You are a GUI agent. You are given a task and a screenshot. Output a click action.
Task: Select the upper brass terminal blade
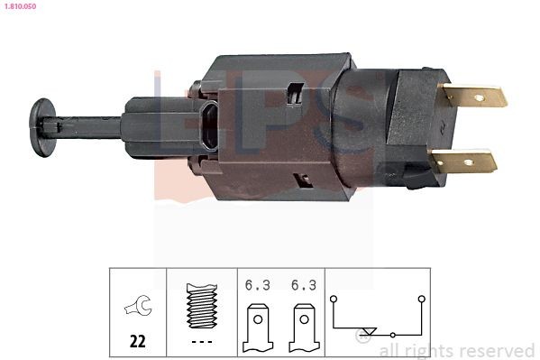coord(474,96)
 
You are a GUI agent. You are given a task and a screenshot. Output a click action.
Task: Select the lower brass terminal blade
coord(464,162)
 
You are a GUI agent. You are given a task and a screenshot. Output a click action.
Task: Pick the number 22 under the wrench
coord(138,342)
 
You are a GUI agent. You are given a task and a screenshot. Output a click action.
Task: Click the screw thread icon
coord(201,308)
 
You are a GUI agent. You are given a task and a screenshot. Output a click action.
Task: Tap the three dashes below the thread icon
coord(201,342)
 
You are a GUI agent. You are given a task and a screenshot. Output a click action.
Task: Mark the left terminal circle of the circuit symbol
coord(333,296)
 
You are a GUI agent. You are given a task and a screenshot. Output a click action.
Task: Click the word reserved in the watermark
coord(499,350)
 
